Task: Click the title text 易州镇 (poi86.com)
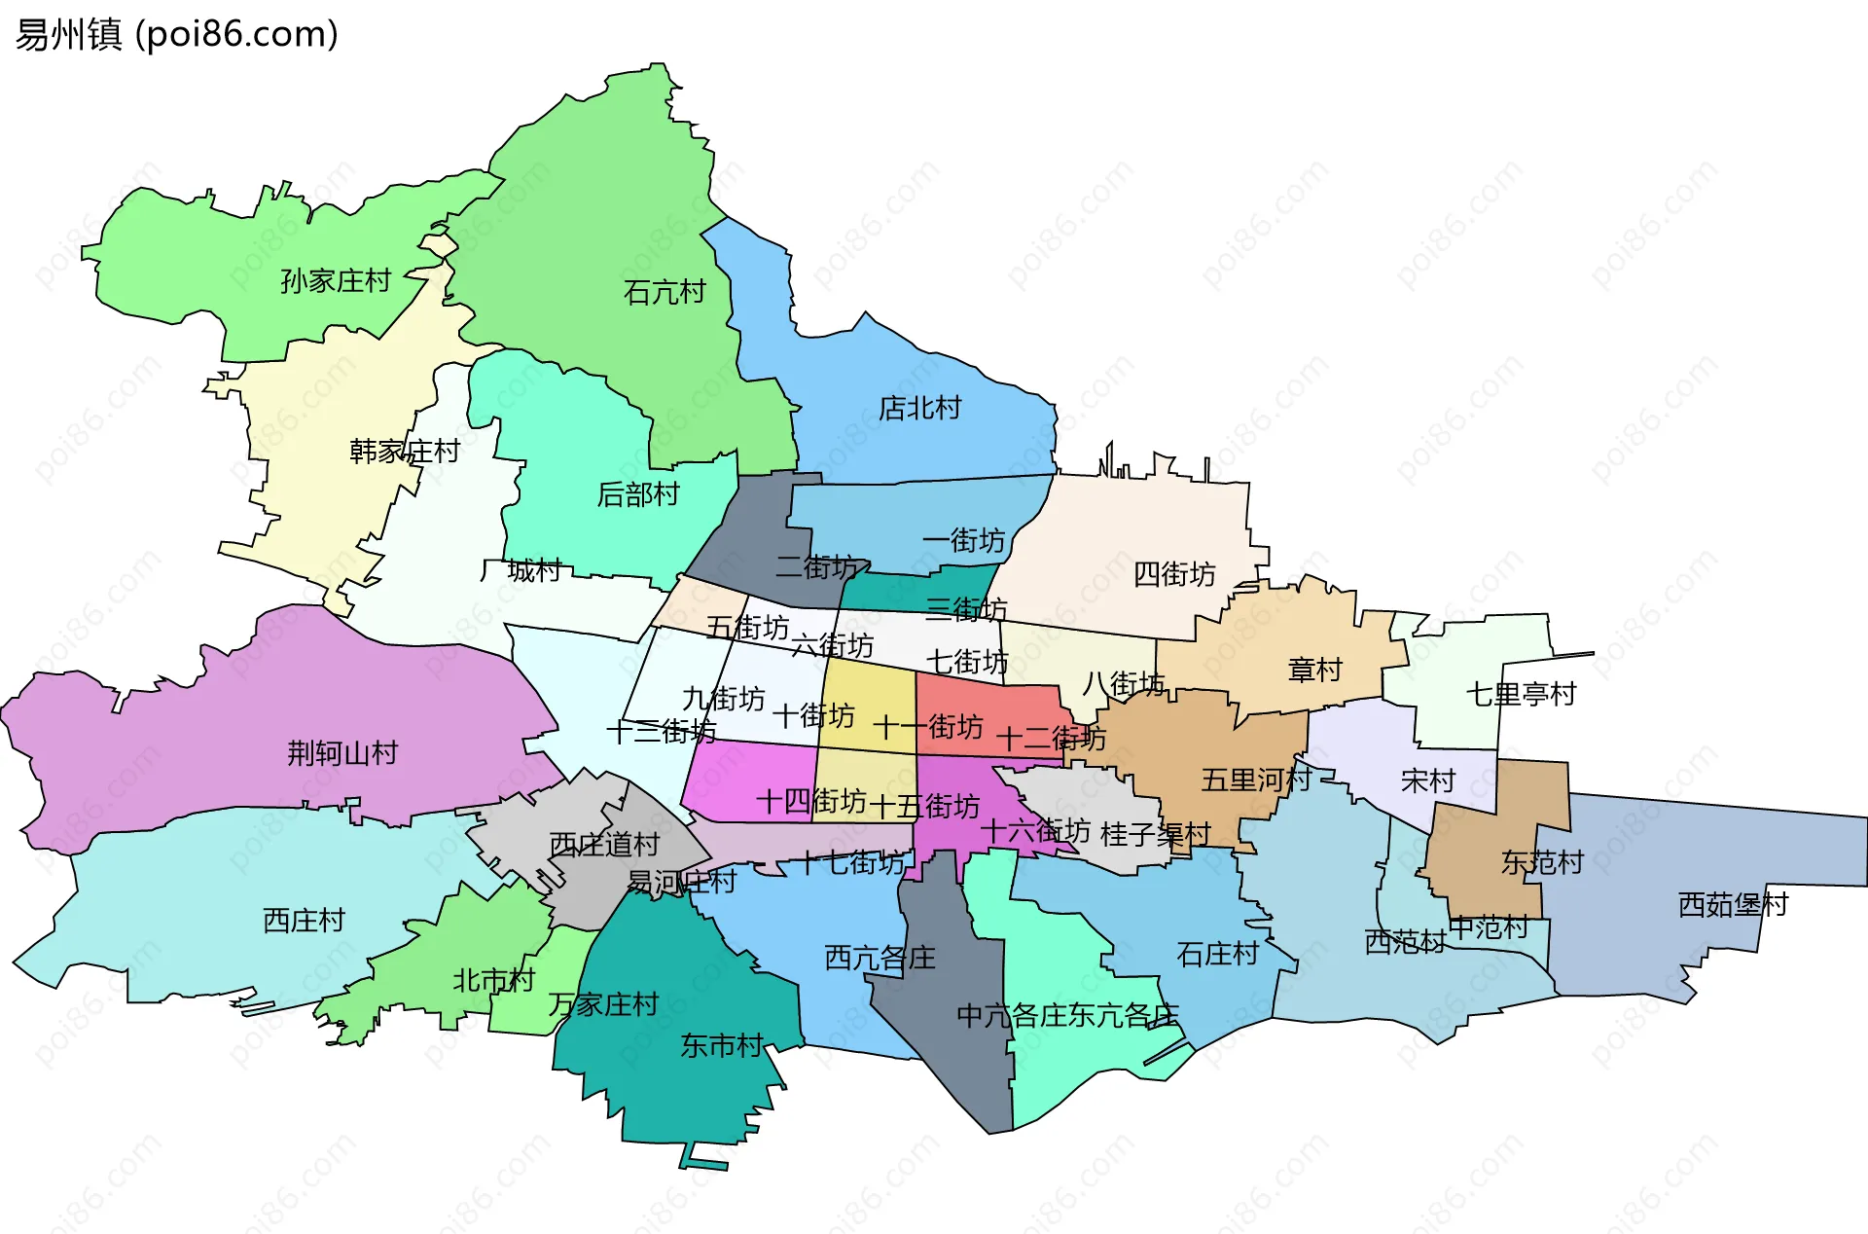[x=176, y=34]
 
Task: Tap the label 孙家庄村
[x=336, y=281]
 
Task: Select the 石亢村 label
[x=665, y=292]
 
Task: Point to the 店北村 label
[x=919, y=408]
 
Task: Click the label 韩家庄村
[x=404, y=452]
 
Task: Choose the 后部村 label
[x=637, y=494]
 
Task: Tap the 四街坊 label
[x=1174, y=574]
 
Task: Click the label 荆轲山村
[x=342, y=752]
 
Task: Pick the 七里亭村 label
[x=1521, y=694]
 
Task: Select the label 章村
[x=1314, y=670]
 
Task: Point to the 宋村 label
[x=1427, y=780]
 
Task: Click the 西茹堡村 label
[x=1733, y=904]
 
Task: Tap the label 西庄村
[x=304, y=920]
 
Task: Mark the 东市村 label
[x=721, y=1045]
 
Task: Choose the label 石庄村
[x=1217, y=954]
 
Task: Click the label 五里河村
[x=1256, y=780]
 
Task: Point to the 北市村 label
[x=493, y=980]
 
